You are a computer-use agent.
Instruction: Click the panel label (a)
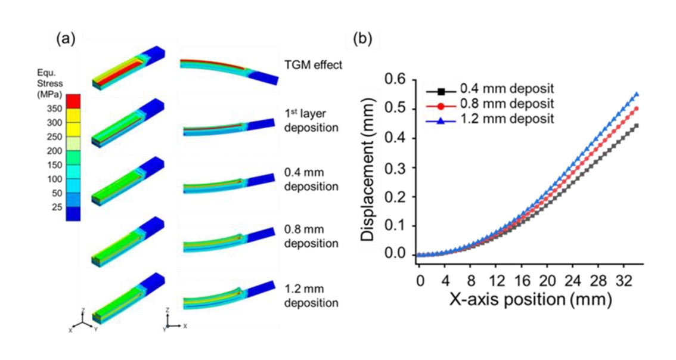point(66,40)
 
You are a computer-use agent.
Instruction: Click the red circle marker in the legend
point(440,105)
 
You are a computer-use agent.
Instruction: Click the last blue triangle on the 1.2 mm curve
point(636,94)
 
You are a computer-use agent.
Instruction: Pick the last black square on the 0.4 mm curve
point(636,126)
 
